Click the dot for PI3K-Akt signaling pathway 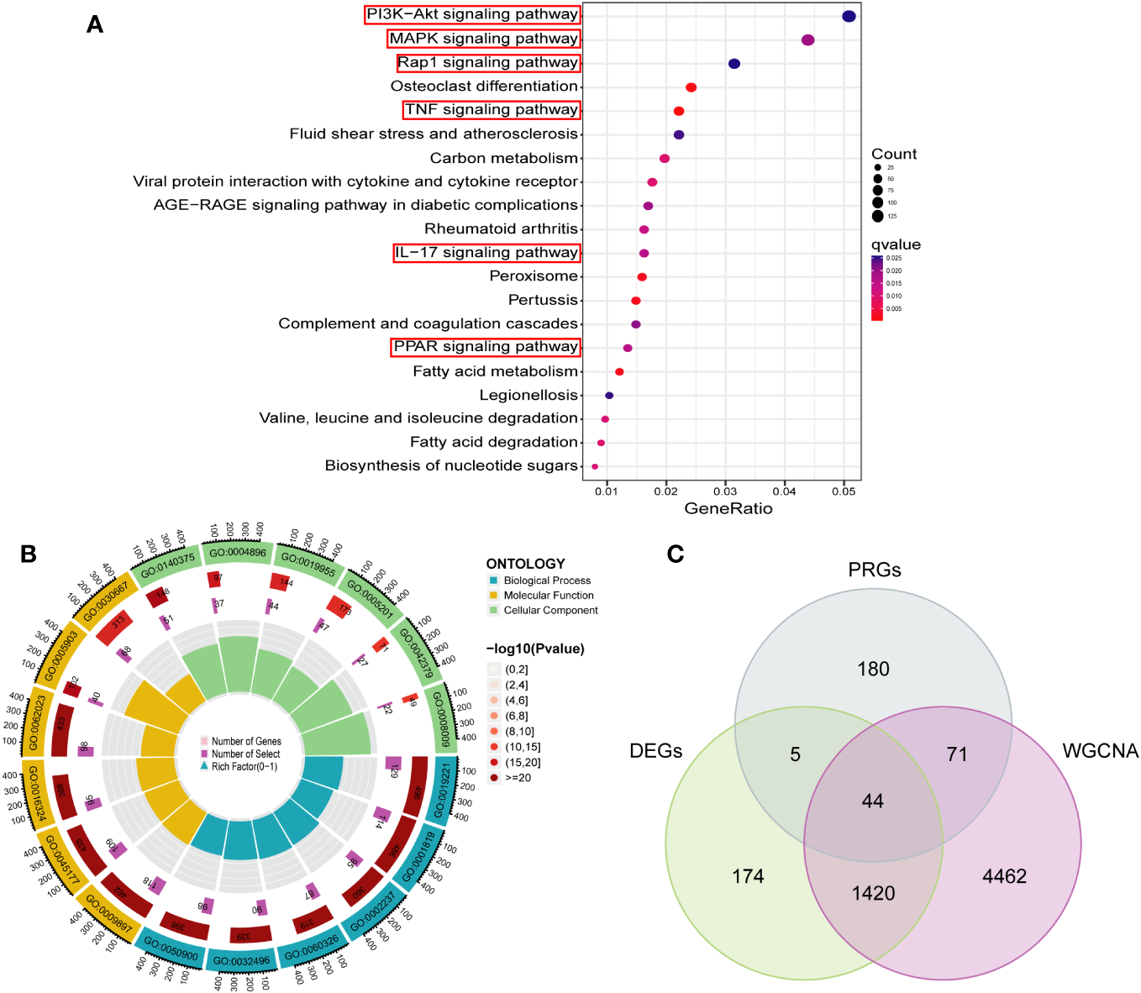point(849,16)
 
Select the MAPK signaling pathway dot point(807,39)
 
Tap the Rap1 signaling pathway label point(487,63)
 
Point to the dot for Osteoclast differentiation point(691,87)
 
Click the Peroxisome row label point(534,276)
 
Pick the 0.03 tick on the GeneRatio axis point(725,491)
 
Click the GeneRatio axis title point(728,508)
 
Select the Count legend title point(894,154)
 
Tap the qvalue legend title point(896,244)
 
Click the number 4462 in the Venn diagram point(1004,876)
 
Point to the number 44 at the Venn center point(872,801)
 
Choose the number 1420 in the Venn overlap point(873,893)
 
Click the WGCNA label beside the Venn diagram point(1100,750)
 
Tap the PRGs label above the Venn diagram point(874,570)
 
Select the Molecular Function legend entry point(548,596)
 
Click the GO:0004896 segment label point(238,553)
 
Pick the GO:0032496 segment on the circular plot point(241,960)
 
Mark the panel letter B point(29,554)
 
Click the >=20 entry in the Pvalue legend point(518,778)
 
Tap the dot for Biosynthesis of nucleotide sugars point(595,466)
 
